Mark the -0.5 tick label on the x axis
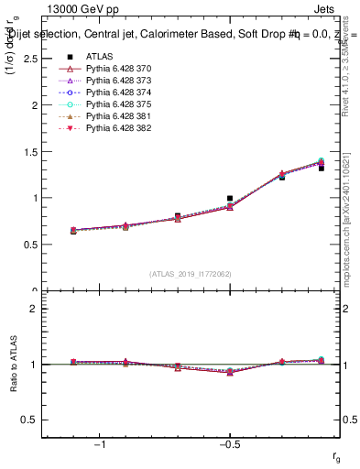pos(229,445)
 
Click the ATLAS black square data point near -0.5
pos(230,198)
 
